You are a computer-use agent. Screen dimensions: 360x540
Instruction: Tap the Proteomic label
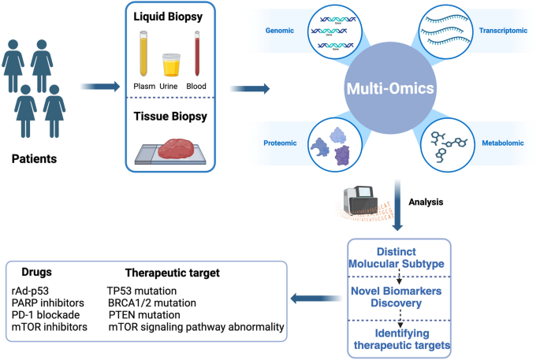point(279,143)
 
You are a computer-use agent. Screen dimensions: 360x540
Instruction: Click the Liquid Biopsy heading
point(172,16)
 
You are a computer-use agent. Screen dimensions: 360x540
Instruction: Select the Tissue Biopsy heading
point(172,117)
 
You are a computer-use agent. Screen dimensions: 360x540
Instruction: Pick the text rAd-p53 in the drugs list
point(31,291)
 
